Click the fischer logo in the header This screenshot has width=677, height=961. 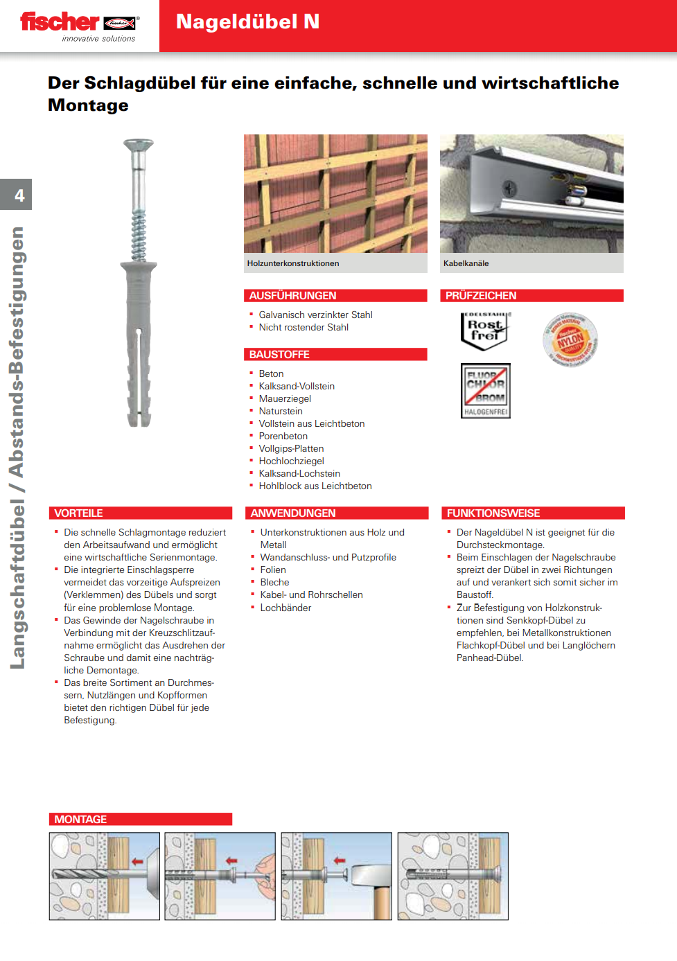[78, 24]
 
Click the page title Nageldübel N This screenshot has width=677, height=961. [247, 22]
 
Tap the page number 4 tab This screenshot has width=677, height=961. [19, 195]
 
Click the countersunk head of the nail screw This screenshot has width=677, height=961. [139, 146]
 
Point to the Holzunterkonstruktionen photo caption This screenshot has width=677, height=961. [293, 263]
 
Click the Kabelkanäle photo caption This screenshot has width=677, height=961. [466, 263]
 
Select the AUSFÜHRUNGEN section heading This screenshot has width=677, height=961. [292, 296]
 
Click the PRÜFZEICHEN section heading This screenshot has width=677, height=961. [481, 296]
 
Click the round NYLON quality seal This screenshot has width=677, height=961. [570, 340]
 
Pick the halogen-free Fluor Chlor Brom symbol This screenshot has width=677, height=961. [486, 391]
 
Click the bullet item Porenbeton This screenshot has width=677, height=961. [283, 437]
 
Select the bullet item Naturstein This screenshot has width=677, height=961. [281, 412]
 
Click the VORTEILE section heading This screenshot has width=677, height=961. [78, 513]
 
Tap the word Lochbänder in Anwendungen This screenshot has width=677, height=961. [285, 608]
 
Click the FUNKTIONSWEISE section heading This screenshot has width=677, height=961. [493, 513]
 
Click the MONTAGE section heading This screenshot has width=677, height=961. [80, 820]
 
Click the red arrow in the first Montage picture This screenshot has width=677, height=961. [137, 862]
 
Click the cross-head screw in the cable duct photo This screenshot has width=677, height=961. [509, 187]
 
